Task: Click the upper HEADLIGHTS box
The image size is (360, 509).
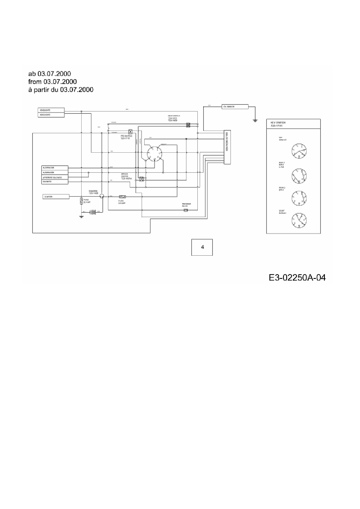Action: click(51, 110)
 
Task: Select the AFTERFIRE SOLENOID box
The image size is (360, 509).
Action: click(55, 177)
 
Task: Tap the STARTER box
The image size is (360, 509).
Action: click(56, 197)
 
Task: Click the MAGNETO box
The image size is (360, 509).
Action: click(55, 182)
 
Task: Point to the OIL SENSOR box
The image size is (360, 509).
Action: click(235, 107)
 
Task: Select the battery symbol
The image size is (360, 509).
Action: click(93, 212)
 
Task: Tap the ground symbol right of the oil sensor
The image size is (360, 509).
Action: click(255, 120)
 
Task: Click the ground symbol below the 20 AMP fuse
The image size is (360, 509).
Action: click(81, 216)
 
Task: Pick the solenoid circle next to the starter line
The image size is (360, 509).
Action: click(101, 197)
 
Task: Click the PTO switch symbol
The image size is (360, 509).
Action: click(130, 131)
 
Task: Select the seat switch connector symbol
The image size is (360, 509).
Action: click(188, 125)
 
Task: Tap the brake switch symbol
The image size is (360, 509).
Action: click(141, 179)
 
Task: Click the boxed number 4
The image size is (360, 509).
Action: click(202, 247)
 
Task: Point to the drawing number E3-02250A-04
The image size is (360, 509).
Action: click(297, 278)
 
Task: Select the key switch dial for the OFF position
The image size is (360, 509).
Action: click(299, 151)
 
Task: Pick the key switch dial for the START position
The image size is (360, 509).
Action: click(299, 221)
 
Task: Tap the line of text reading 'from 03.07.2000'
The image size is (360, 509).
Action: click(53, 82)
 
